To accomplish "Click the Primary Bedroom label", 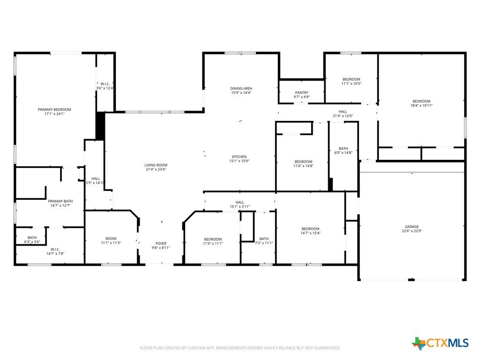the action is pyautogui.click(x=54, y=109).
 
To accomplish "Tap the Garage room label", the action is pyautogui.click(x=412, y=227).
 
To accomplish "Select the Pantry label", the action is pyautogui.click(x=302, y=92).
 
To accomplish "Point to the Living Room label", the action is pyautogui.click(x=156, y=165).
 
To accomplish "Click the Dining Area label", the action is pyautogui.click(x=241, y=89).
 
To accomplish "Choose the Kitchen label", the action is pyautogui.click(x=239, y=157).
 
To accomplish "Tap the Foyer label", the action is pyautogui.click(x=161, y=244).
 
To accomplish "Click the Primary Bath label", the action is pyautogui.click(x=60, y=201).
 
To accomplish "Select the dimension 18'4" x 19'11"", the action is pyautogui.click(x=421, y=105).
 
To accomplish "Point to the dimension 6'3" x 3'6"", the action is pyautogui.click(x=32, y=242).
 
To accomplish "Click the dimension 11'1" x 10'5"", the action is pyautogui.click(x=352, y=83).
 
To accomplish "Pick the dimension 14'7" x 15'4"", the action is pyautogui.click(x=310, y=233).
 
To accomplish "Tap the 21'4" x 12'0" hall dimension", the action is pyautogui.click(x=343, y=116).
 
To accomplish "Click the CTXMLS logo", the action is pyautogui.click(x=440, y=343).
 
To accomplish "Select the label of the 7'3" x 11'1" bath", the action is pyautogui.click(x=264, y=239).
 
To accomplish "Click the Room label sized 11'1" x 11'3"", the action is pyautogui.click(x=111, y=239).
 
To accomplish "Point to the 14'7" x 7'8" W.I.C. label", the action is pyautogui.click(x=55, y=249).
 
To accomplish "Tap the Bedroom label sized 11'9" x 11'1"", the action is pyautogui.click(x=213, y=240).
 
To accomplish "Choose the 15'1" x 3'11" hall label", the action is pyautogui.click(x=240, y=202).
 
